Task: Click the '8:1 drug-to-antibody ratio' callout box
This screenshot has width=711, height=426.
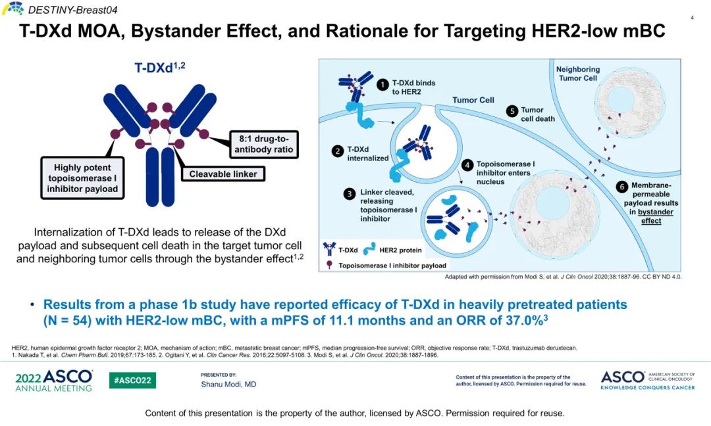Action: click(264, 145)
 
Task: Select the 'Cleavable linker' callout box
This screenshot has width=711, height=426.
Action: click(223, 174)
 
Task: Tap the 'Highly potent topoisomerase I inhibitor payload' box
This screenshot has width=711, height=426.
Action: click(82, 178)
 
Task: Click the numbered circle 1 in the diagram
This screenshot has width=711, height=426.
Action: click(382, 85)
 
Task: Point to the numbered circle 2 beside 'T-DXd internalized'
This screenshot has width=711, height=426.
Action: click(338, 151)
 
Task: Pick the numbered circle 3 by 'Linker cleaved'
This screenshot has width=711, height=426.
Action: click(350, 194)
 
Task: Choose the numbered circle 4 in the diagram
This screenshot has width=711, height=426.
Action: click(467, 165)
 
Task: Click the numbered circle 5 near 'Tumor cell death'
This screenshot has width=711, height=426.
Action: click(512, 111)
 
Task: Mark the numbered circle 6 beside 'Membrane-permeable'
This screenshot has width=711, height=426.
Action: click(622, 187)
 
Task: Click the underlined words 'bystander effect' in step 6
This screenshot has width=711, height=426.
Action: click(653, 216)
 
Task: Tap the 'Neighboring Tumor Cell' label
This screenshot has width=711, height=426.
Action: click(578, 74)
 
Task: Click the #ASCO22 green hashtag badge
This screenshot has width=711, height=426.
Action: click(132, 380)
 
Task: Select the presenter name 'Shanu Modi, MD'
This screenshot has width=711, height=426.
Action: click(228, 385)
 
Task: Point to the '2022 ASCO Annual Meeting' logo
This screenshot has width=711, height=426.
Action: click(54, 381)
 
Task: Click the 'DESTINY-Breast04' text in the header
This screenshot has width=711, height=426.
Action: click(72, 10)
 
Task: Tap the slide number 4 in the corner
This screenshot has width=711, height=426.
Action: click(692, 18)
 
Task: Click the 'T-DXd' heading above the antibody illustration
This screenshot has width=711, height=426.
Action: click(159, 68)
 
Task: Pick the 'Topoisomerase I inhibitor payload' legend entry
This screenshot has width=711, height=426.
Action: click(386, 266)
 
